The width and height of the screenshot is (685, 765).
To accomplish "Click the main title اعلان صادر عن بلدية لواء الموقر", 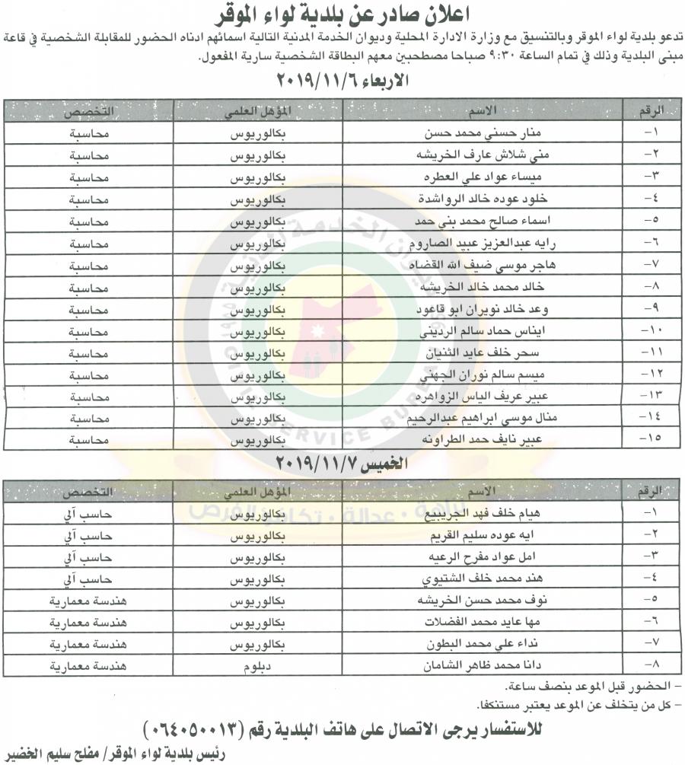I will (342, 14).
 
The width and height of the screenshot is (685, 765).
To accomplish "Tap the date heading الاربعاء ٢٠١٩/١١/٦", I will (342, 81).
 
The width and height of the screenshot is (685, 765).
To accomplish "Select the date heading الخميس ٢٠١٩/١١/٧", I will (342, 463).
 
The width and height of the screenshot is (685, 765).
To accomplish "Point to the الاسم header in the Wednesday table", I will (487, 111).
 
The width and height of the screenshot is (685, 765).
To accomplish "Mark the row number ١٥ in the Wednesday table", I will (653, 439).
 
